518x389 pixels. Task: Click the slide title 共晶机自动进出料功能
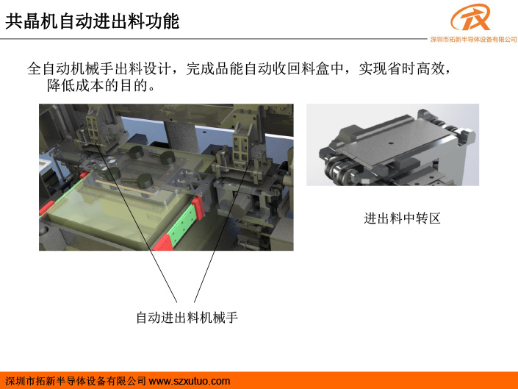(92, 21)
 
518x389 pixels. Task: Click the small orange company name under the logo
(473, 40)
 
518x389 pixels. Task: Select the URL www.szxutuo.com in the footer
(190, 381)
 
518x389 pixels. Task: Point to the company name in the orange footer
(76, 381)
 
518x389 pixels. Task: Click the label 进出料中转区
(402, 218)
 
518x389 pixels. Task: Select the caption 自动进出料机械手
(187, 318)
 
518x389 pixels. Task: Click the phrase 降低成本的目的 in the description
(97, 85)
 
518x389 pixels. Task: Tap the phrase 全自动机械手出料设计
(98, 68)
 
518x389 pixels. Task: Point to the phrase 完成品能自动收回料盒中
(265, 68)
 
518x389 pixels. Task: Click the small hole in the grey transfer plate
(391, 143)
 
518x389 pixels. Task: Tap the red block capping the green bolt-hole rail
(198, 208)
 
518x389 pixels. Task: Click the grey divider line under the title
(214, 39)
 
